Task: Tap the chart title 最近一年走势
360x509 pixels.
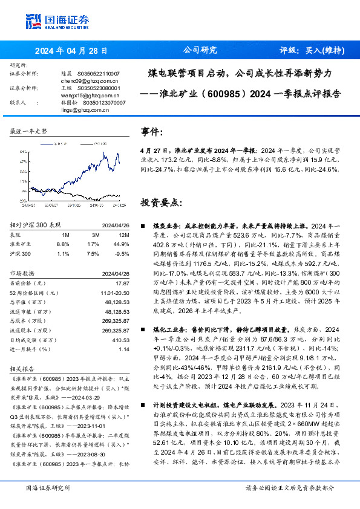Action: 29,131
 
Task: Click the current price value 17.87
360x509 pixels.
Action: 122,283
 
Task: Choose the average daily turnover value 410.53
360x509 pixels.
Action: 120,340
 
